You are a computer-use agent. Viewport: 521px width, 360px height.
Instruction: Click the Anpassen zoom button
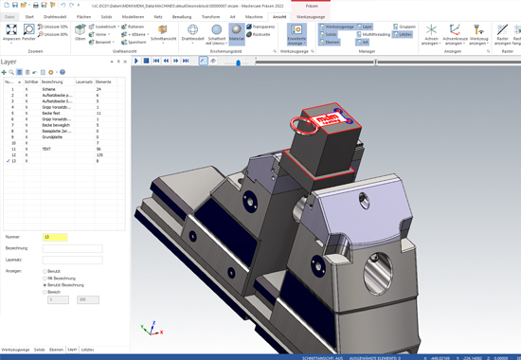tap(12, 33)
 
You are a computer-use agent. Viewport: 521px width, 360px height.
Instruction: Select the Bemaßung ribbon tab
tap(180, 16)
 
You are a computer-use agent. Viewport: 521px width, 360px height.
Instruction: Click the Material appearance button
tap(237, 32)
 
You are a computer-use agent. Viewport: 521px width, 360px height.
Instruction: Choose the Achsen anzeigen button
tap(432, 34)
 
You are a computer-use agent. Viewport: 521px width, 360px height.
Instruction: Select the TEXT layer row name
tap(47, 149)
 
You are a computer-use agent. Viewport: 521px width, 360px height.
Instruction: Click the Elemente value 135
tap(99, 155)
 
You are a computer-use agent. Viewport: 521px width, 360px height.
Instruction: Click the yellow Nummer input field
tap(55, 237)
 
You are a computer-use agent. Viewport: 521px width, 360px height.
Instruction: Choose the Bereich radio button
tap(44, 292)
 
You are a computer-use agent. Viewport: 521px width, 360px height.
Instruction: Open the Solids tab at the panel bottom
tap(40, 350)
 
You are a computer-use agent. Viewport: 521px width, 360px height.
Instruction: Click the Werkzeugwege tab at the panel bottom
tap(15, 350)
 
